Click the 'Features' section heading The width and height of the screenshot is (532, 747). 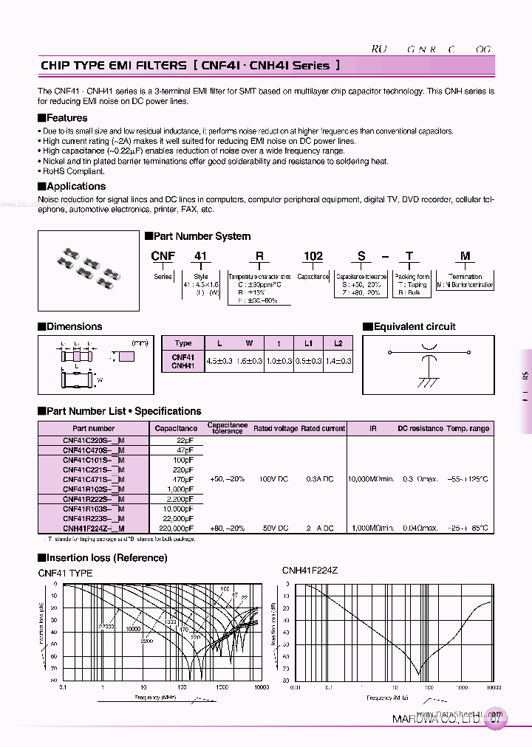(x=66, y=118)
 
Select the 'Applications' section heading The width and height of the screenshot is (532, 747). (x=75, y=187)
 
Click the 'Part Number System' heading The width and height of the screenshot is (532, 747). (x=201, y=237)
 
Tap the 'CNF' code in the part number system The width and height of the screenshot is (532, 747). (x=163, y=256)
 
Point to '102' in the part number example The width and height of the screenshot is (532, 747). (x=313, y=256)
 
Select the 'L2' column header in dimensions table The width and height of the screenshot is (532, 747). (x=338, y=343)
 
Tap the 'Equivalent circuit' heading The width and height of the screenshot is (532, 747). (x=414, y=327)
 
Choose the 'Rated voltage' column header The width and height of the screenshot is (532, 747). (x=276, y=428)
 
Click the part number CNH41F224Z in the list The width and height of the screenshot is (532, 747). (x=94, y=529)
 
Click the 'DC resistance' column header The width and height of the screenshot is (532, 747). (x=420, y=428)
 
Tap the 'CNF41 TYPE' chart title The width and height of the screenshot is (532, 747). (x=65, y=573)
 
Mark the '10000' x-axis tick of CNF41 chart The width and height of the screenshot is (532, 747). (x=260, y=687)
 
